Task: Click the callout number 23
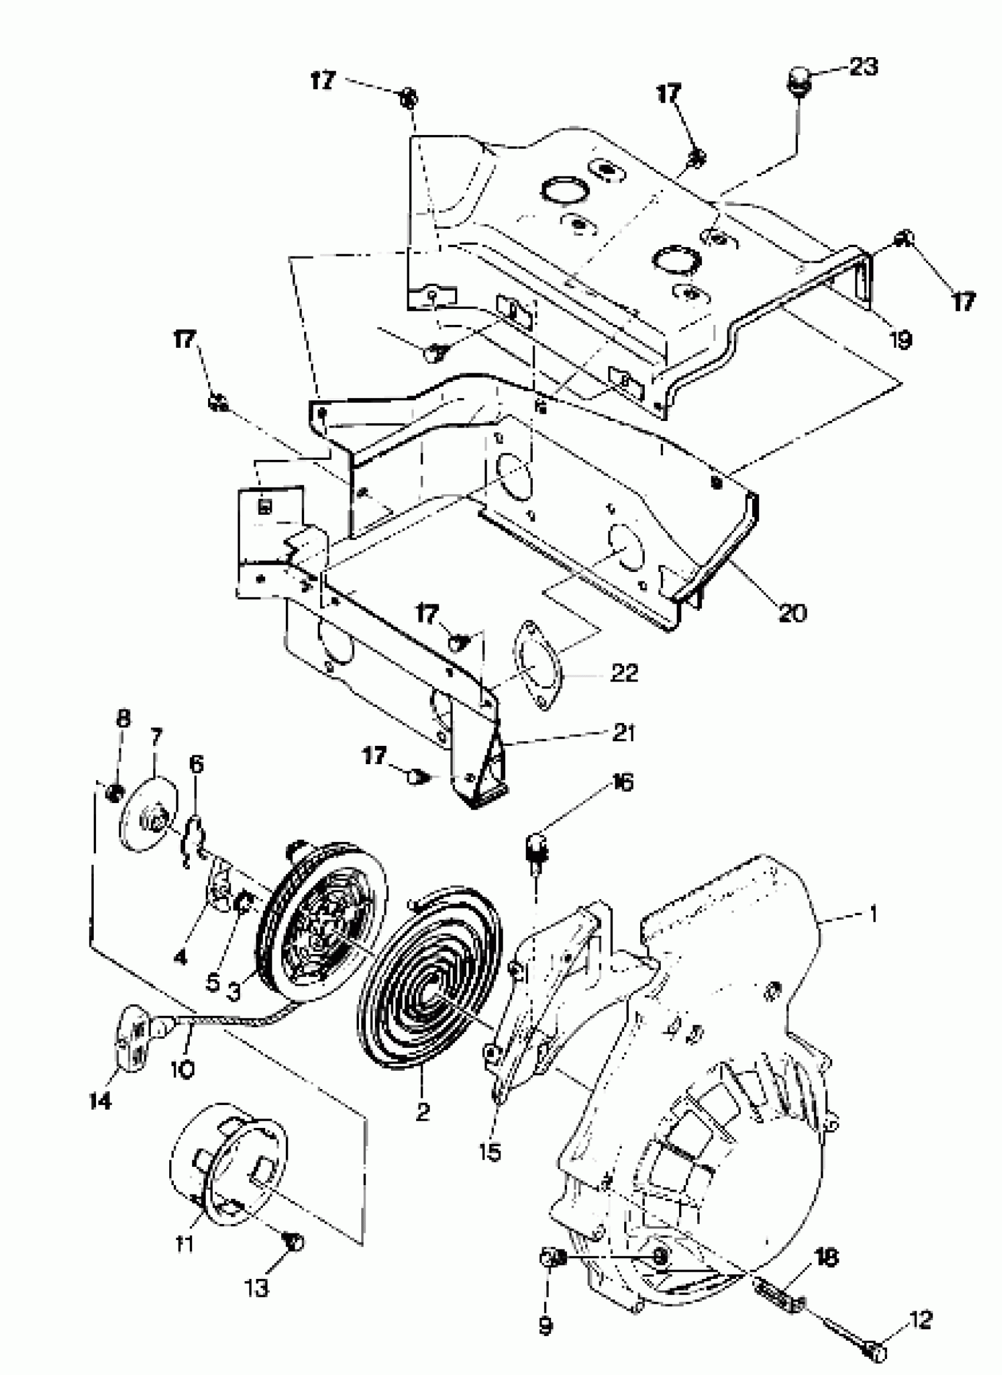863,67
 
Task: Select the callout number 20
793,613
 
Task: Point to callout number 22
625,672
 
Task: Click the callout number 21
624,732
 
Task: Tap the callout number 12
921,1319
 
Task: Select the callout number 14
101,1100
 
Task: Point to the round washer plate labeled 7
147,813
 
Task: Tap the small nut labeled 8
113,792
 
